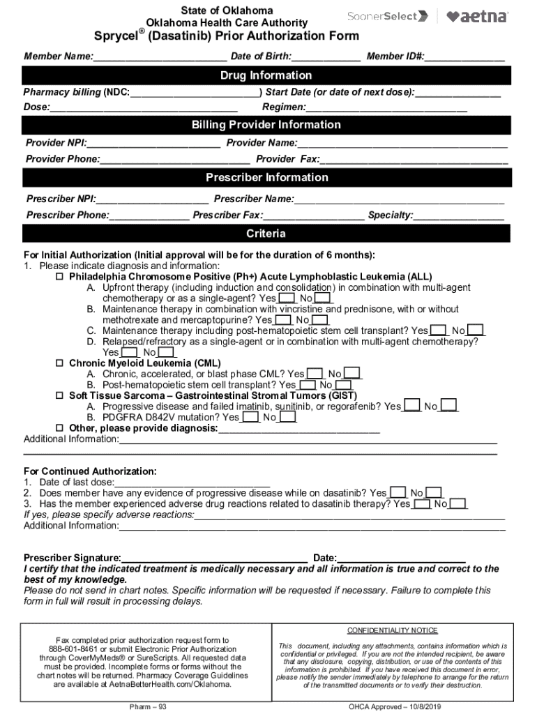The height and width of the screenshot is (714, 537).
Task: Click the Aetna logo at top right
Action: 477,17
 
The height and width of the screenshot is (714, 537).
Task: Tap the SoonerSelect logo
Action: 387,16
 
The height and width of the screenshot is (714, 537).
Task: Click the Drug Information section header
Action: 266,75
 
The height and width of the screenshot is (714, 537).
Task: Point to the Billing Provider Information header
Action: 266,125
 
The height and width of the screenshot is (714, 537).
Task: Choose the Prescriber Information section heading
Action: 266,177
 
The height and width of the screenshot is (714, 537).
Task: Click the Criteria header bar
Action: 266,233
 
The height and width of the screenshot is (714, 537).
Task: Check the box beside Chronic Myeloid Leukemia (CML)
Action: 59,363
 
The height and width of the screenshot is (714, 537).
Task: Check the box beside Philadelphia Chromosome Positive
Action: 59,276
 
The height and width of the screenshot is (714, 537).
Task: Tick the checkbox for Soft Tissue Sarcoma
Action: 59,395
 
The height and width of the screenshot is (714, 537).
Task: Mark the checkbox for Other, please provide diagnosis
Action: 59,427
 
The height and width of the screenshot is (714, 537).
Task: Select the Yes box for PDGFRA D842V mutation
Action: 250,417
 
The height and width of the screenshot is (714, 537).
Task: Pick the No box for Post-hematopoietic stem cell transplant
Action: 343,385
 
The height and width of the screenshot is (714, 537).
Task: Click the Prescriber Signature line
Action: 215,558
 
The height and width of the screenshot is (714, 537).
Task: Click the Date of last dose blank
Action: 192,482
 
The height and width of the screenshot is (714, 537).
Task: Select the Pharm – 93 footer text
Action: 143,707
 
